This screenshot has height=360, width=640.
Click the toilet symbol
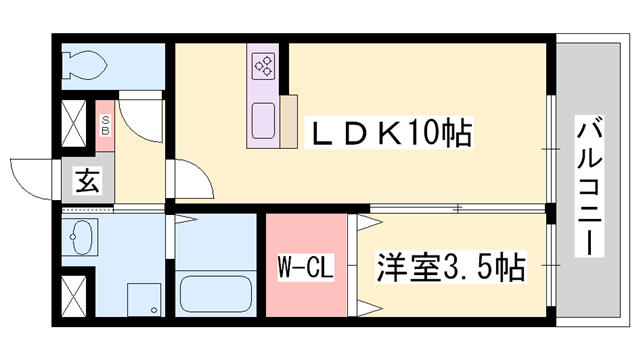coord(85,65)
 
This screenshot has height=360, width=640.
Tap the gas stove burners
coord(263,66)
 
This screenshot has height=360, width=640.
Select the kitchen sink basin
coord(263,121)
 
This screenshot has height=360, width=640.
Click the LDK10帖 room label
coord(389,133)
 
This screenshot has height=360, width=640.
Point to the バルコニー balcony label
coord(589,186)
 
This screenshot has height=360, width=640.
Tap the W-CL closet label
coord(305,267)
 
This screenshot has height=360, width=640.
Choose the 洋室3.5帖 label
coord(451,267)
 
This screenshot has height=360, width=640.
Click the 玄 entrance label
coord(87,180)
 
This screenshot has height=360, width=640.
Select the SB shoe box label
coord(105,125)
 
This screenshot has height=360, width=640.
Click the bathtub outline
coord(216,293)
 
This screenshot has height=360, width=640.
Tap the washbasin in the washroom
coord(81,237)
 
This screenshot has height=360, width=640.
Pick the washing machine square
coord(144,300)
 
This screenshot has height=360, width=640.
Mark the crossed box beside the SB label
coord(73,122)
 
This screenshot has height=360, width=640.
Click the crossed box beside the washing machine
coord(73,296)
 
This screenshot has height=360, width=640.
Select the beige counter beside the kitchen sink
coord(289,121)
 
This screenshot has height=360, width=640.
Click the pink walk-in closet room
coord(306,265)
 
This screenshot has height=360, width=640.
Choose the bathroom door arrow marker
coord(186,220)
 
